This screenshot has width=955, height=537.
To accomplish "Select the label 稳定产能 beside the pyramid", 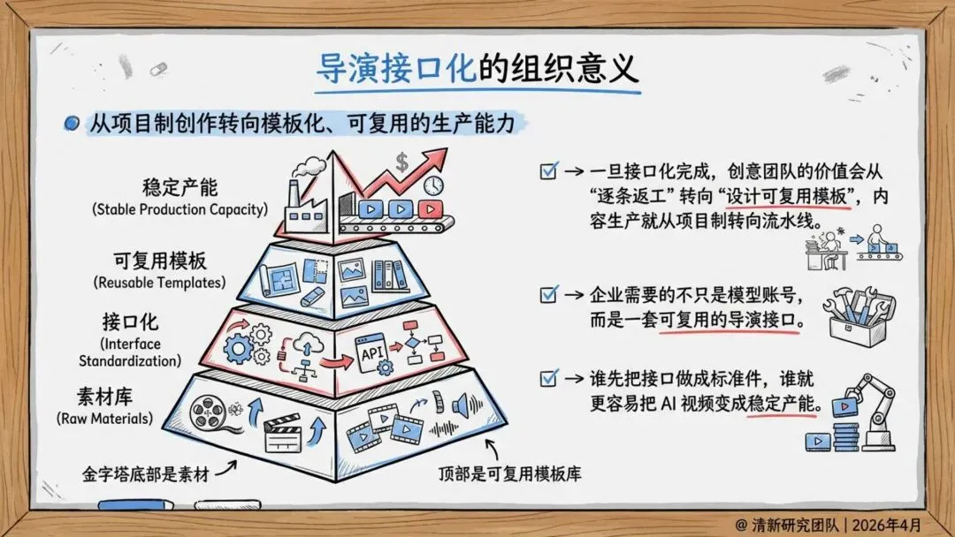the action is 180,188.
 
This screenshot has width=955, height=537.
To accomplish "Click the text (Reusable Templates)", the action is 159,283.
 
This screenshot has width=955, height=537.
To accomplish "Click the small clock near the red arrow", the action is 432,186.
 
